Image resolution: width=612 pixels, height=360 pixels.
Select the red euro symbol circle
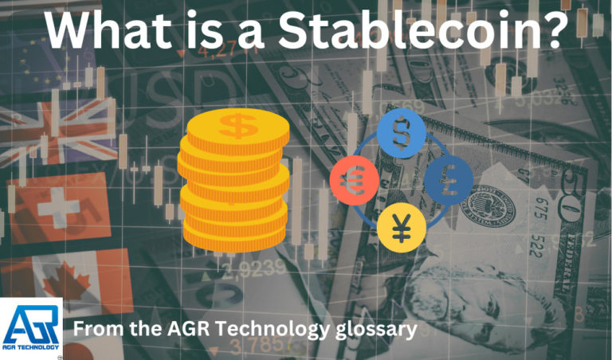point(351,179)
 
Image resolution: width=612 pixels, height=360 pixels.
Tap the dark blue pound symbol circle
point(446,179)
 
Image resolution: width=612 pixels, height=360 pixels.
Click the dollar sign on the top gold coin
point(238,125)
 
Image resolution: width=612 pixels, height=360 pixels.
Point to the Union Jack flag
point(48,131)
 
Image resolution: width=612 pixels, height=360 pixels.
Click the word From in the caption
point(97,328)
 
